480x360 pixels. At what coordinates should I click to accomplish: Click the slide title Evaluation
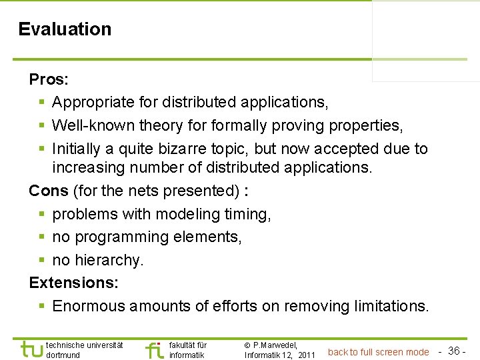point(65,29)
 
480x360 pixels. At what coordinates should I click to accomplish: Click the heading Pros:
point(49,80)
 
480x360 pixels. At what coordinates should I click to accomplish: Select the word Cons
point(49,191)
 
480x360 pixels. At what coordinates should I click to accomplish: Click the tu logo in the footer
point(31,349)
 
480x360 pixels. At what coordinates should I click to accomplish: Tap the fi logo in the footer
point(155,349)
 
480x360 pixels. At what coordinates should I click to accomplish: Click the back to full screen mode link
point(378,352)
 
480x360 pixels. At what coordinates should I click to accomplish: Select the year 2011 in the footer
point(306,355)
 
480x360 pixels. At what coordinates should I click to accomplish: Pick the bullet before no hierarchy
point(41,260)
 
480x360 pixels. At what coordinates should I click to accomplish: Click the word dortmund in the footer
point(63,355)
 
